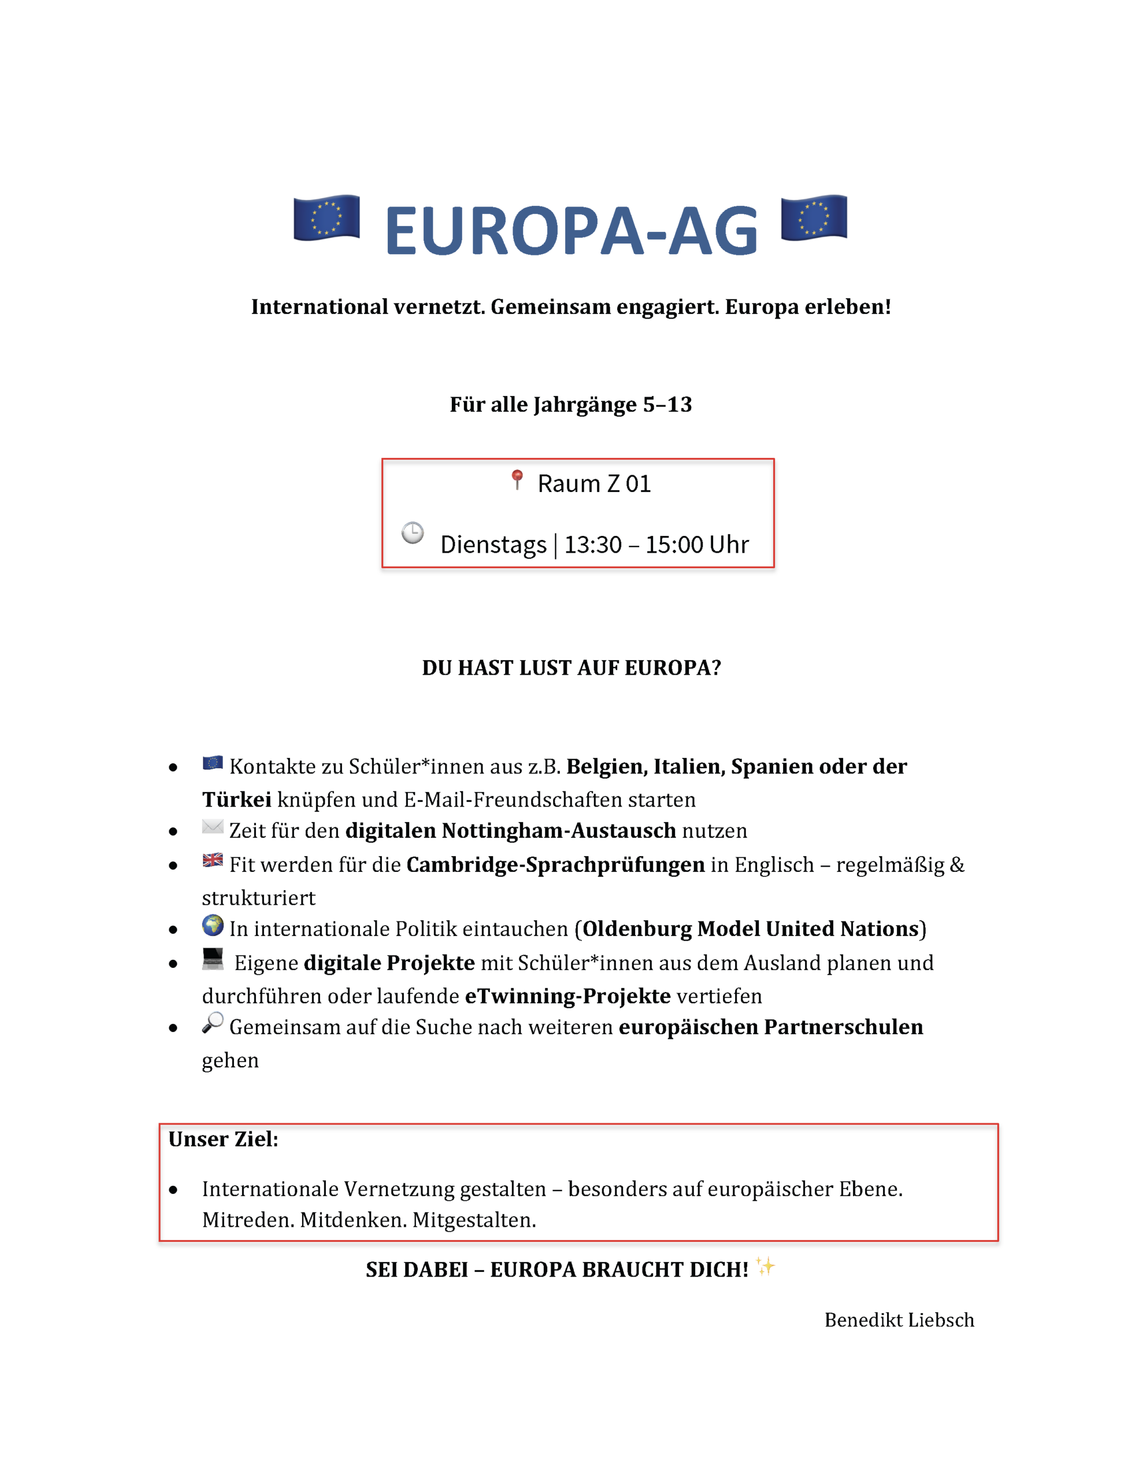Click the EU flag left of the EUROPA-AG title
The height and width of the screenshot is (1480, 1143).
326,217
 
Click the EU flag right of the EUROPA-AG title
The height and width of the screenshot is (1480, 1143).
814,217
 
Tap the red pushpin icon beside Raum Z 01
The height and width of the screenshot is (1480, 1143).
517,480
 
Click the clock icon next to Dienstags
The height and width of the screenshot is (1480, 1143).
413,532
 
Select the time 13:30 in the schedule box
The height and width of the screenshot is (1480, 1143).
593,545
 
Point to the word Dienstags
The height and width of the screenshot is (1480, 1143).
493,545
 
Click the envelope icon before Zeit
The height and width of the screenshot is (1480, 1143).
213,827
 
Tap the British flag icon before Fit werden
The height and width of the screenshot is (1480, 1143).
213,860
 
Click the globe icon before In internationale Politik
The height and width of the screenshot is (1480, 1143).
213,925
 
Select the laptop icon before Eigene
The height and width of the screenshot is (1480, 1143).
213,958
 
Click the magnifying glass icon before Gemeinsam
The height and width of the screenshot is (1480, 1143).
213,1022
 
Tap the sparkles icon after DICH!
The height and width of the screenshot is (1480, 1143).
766,1267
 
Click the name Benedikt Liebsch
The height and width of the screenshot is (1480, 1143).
899,1320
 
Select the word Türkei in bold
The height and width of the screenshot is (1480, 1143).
236,800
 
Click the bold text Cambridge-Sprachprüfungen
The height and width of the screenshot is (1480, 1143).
555,865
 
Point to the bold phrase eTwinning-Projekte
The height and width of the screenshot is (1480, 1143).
568,996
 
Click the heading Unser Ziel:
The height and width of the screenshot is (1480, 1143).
223,1139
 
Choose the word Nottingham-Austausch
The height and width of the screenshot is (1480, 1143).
559,831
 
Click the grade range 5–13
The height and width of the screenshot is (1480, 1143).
667,405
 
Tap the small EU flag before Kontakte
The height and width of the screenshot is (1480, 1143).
213,763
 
